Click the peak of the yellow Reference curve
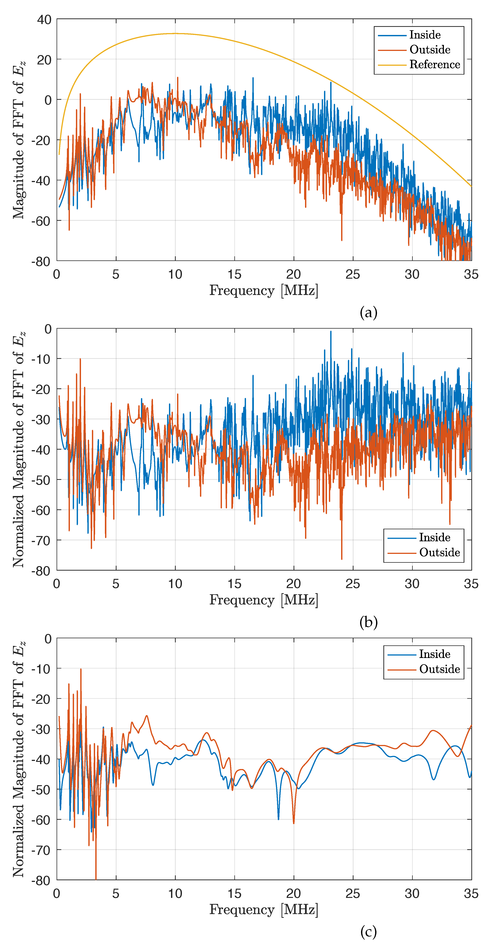click(175, 33)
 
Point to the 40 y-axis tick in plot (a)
click(44, 20)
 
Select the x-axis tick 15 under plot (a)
click(234, 274)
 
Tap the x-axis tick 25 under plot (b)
click(353, 584)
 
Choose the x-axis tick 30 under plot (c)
click(412, 893)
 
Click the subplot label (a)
click(369, 312)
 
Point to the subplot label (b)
click(369, 622)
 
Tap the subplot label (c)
click(369, 932)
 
